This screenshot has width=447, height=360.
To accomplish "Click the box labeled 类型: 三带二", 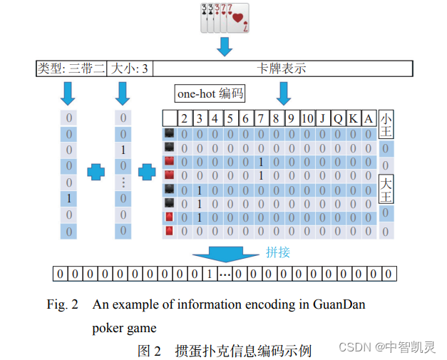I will [x=71, y=69].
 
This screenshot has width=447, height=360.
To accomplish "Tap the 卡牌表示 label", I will [x=282, y=69].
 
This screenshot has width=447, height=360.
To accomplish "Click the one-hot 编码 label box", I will [x=210, y=93].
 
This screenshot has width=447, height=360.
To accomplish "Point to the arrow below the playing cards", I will [x=225, y=47].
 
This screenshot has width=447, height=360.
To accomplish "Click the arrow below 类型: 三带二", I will [x=69, y=92].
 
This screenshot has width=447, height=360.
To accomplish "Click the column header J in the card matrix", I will [x=322, y=118].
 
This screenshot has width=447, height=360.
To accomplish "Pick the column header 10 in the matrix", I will [x=307, y=118].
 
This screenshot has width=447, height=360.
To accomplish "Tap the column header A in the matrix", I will [x=368, y=118].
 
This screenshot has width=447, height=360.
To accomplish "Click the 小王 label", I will [x=386, y=125].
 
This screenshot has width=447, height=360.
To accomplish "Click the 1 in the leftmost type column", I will [x=69, y=198].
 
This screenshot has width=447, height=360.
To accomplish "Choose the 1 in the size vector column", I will [x=124, y=150].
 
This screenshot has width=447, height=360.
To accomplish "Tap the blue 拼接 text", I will [x=278, y=252].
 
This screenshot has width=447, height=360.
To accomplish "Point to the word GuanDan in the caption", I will [x=338, y=305].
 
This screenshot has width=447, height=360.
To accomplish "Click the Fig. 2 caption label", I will [x=63, y=305].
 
